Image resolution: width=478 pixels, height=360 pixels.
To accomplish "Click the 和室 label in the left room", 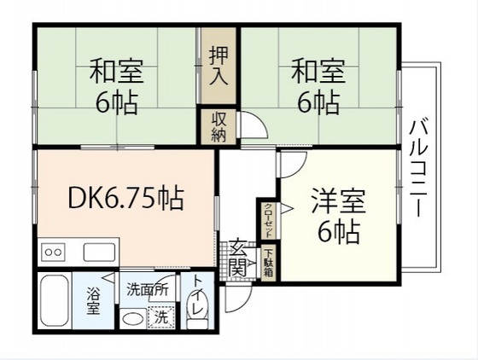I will (x=116, y=69).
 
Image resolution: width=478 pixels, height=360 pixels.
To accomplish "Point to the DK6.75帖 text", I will (x=125, y=201).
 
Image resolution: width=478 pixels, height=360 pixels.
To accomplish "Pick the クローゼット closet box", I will (x=267, y=220).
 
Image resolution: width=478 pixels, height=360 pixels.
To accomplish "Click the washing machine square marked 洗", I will (x=159, y=316).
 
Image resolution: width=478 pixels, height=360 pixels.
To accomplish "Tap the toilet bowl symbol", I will (x=197, y=321).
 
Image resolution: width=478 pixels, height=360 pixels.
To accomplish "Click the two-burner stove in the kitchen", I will (x=53, y=252).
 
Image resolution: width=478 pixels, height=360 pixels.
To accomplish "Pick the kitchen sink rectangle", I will (x=99, y=252).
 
